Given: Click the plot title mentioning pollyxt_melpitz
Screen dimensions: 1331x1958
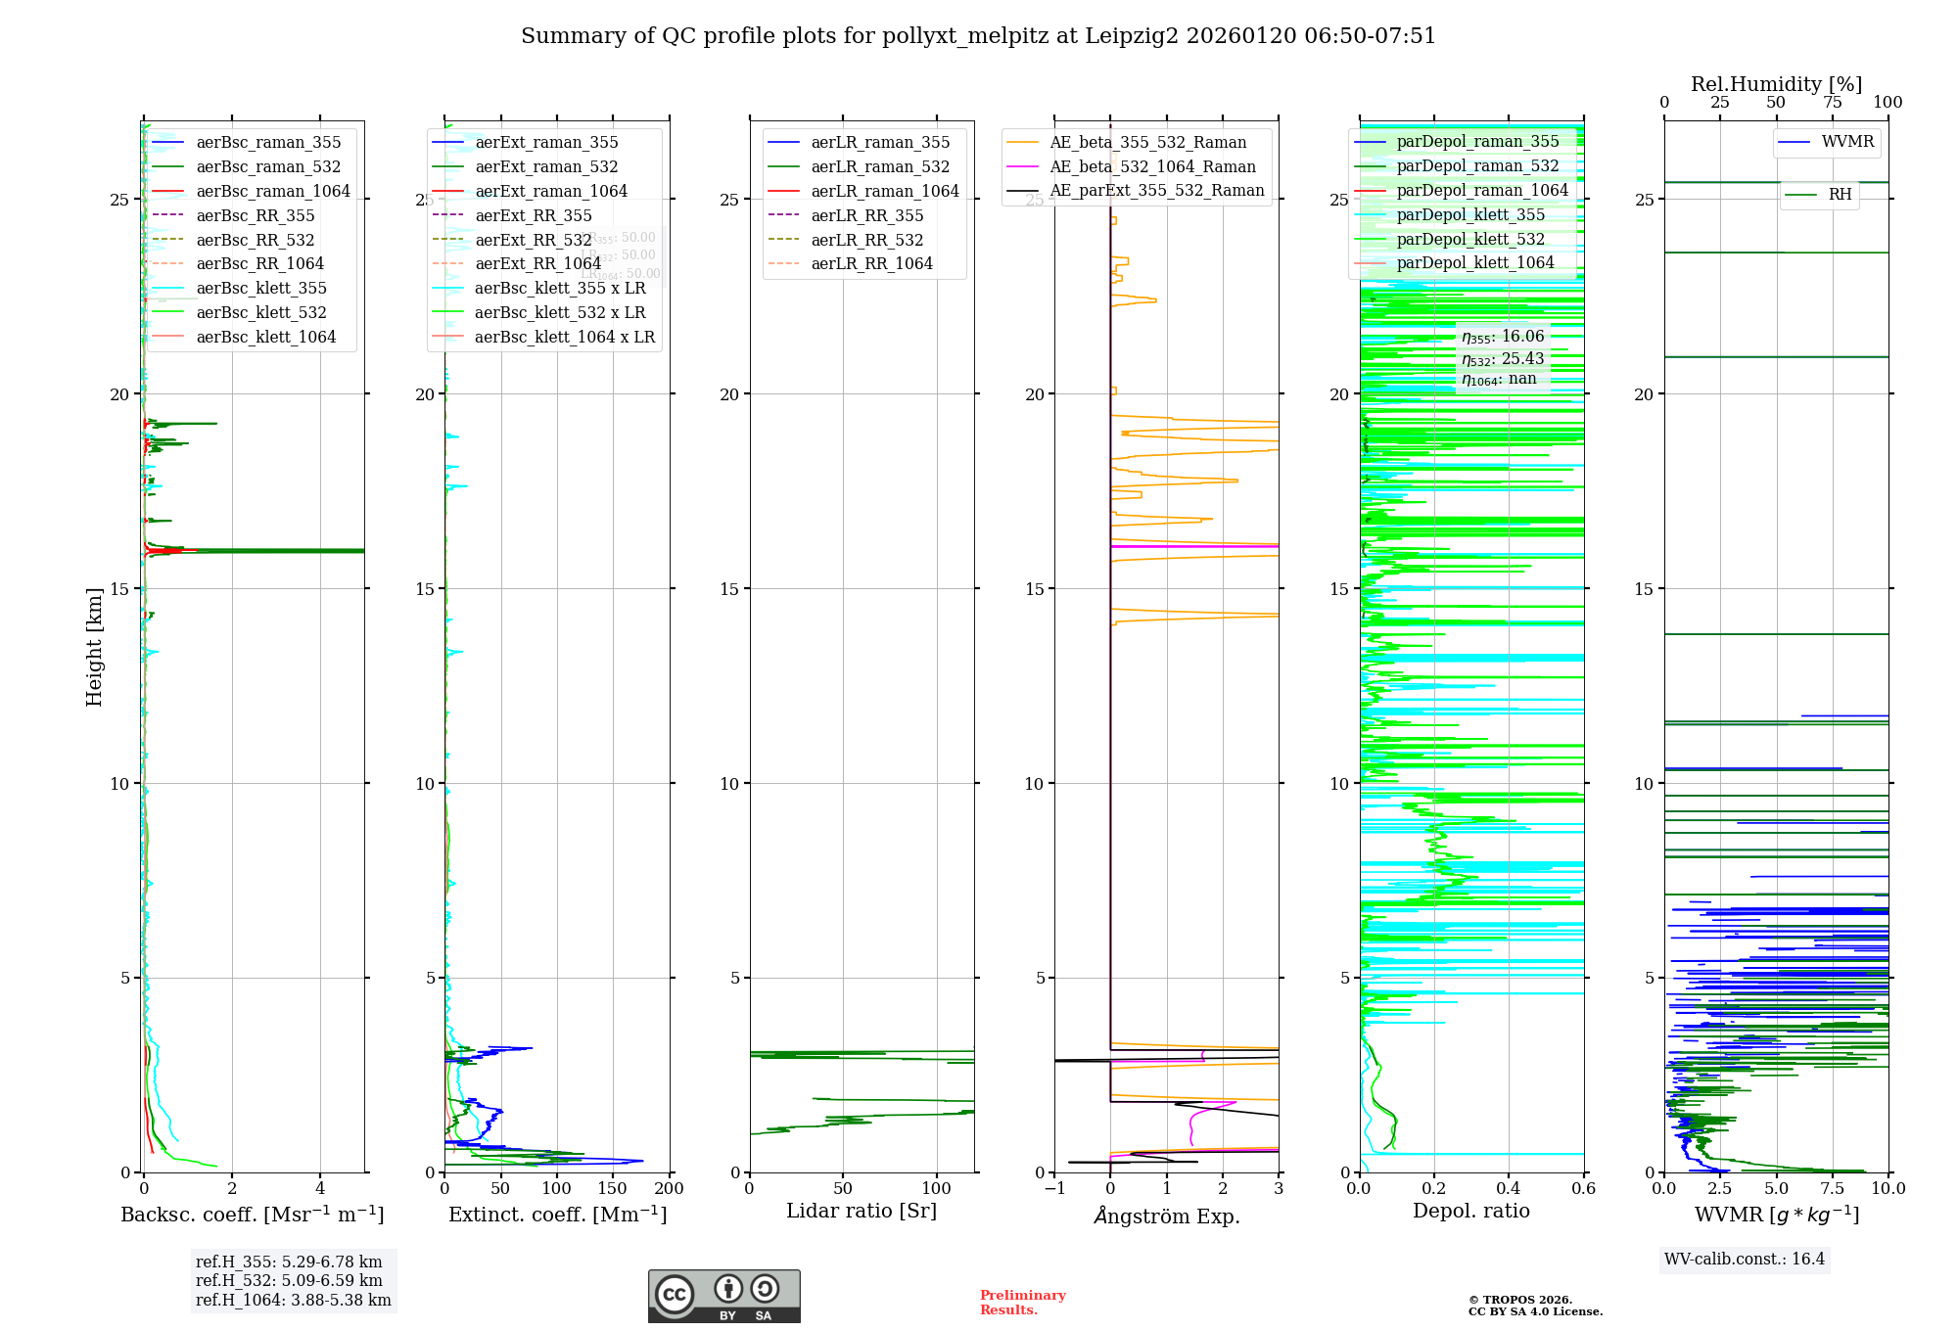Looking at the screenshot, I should tap(978, 36).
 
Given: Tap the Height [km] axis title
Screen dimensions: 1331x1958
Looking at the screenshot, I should tap(94, 647).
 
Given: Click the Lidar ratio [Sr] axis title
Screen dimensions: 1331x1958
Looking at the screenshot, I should tap(862, 1211).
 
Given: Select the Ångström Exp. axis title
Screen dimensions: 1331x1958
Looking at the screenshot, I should tap(1166, 1216).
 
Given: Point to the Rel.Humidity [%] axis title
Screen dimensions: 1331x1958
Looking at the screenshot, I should tap(1776, 84).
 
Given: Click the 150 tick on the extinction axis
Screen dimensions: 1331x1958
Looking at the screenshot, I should tap(613, 1188).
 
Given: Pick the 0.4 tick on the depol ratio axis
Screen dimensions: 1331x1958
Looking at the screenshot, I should tap(1509, 1188).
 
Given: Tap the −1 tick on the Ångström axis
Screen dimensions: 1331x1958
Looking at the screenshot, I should tap(1054, 1188).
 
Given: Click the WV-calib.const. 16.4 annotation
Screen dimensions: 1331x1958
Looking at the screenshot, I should tap(1745, 1259).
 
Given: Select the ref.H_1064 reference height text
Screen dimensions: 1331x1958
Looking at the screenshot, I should tap(293, 1300).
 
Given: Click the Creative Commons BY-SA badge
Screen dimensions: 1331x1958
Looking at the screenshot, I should tap(723, 1296).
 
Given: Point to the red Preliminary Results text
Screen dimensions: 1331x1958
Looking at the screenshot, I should tap(1022, 1302).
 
